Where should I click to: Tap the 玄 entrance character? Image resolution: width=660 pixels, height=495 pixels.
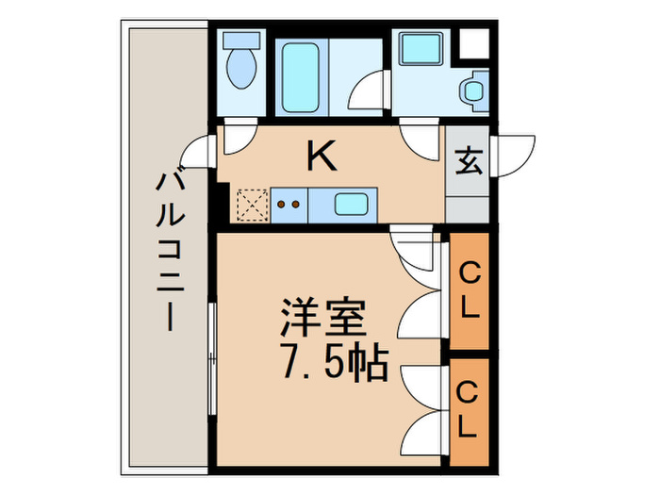(x=469, y=162)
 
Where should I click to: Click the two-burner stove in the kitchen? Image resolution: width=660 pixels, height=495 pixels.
(x=289, y=202)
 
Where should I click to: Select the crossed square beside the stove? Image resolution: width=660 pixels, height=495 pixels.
(x=253, y=202)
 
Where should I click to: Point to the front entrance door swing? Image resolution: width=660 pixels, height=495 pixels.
(x=514, y=157)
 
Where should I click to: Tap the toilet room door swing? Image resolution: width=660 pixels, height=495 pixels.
(x=236, y=136)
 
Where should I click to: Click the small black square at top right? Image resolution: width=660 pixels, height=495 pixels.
(x=474, y=41)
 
